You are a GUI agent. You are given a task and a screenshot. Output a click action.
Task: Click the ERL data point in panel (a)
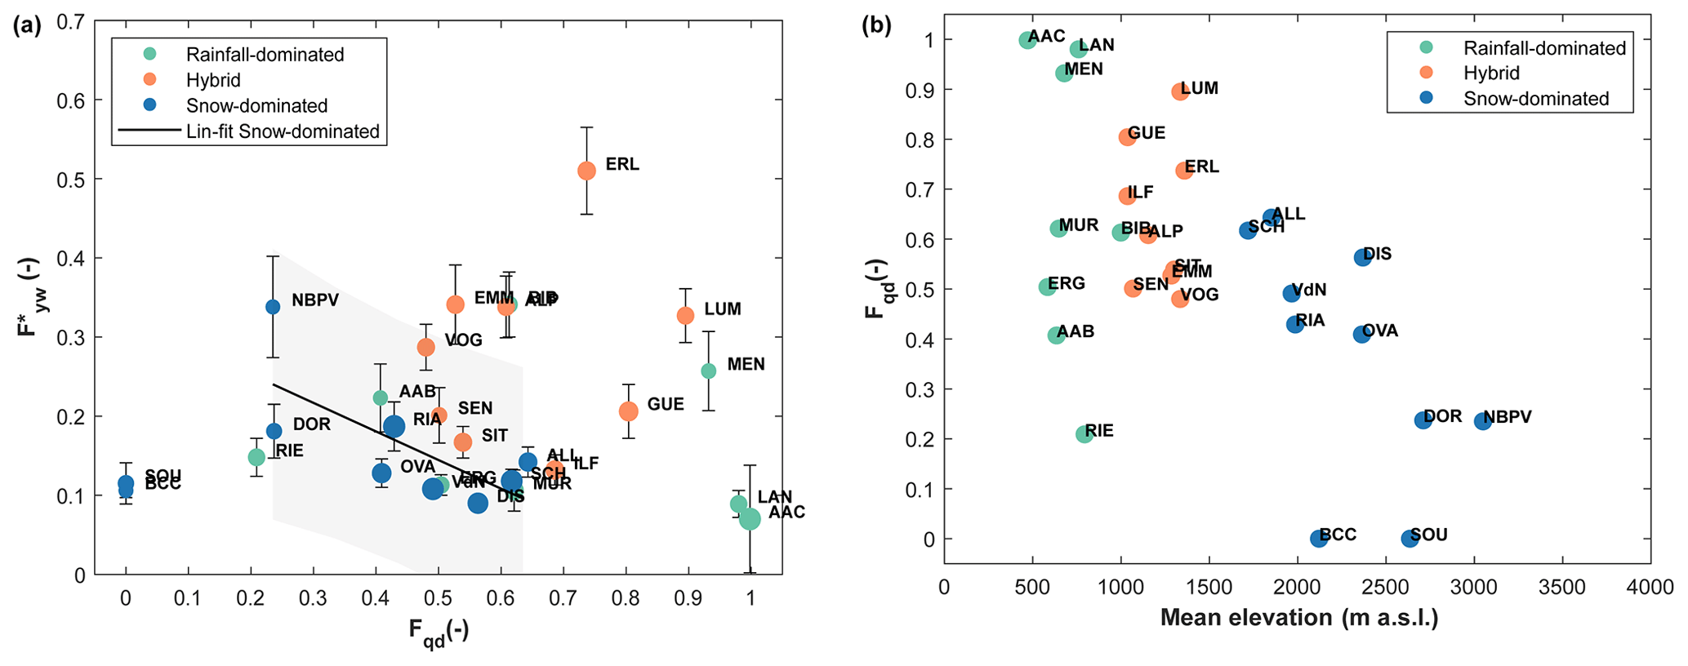pyautogui.click(x=586, y=171)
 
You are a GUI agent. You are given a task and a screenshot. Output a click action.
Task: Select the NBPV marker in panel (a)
pyautogui.click(x=273, y=307)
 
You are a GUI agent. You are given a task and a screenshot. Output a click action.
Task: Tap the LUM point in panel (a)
pyautogui.click(x=685, y=315)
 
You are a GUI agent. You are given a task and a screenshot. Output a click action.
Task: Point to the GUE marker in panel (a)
pyautogui.click(x=628, y=411)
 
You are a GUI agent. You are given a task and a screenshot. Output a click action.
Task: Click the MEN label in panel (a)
pyautogui.click(x=746, y=364)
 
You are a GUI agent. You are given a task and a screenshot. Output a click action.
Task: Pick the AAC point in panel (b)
pyautogui.click(x=1027, y=40)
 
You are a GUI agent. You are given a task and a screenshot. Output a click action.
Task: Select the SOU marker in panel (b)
pyautogui.click(x=1410, y=539)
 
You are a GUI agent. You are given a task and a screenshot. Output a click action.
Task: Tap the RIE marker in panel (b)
pyautogui.click(x=1085, y=434)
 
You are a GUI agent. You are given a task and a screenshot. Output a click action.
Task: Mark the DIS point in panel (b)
pyautogui.click(x=1363, y=257)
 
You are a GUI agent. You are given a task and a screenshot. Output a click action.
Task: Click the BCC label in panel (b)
pyautogui.click(x=1338, y=535)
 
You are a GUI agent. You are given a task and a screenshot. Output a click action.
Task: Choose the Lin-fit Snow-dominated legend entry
pyautogui.click(x=283, y=131)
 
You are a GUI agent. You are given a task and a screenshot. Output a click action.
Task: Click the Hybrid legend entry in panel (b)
pyautogui.click(x=1491, y=73)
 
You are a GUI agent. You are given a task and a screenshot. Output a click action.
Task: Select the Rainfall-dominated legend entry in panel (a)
pyautogui.click(x=265, y=55)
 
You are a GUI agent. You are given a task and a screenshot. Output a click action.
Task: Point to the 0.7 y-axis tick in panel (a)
pyautogui.click(x=71, y=22)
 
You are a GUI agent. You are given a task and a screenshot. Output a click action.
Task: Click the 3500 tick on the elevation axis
pyautogui.click(x=1562, y=588)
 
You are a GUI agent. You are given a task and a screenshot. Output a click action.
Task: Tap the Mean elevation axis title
pyautogui.click(x=1298, y=618)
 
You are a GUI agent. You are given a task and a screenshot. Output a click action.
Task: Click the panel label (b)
pyautogui.click(x=876, y=25)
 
